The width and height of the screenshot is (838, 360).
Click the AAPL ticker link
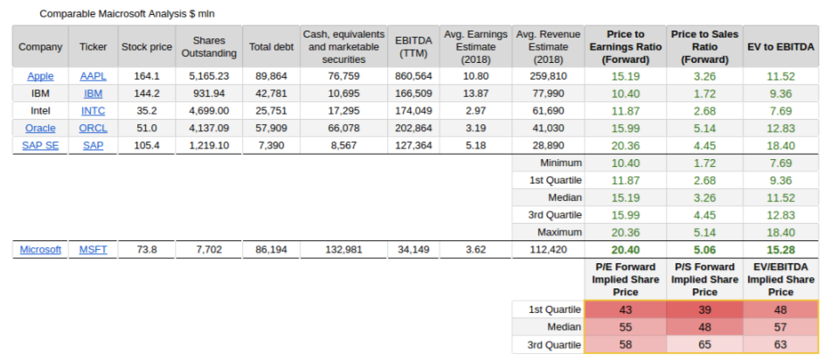tap(93, 76)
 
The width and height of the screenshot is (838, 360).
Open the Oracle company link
tap(40, 128)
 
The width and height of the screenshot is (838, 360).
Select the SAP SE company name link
tap(40, 145)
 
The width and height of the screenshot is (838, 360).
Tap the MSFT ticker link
tap(93, 250)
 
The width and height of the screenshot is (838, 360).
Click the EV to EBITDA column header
tap(780, 46)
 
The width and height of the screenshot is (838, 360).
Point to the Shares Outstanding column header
tap(209, 46)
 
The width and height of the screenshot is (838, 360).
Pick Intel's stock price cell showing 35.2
tap(146, 111)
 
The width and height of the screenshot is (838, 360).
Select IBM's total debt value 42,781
tap(270, 93)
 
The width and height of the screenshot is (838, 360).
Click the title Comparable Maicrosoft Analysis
tap(127, 14)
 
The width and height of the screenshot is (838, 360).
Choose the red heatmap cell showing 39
tap(704, 310)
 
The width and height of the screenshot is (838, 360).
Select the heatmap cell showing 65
tap(704, 345)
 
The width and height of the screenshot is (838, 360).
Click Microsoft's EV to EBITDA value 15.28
tap(780, 250)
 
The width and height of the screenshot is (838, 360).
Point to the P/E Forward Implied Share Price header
tap(625, 279)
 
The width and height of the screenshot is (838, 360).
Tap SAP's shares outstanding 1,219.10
tap(209, 145)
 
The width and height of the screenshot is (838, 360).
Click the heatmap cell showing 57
tap(780, 328)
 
